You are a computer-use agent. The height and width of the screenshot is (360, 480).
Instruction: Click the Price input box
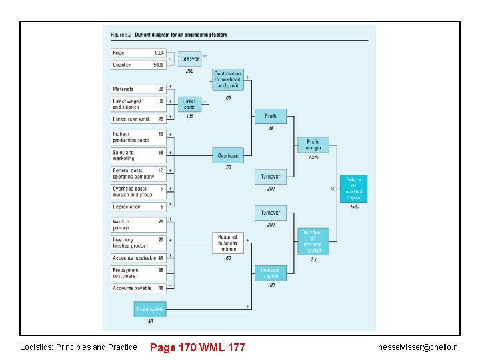pyautogui.click(x=138, y=53)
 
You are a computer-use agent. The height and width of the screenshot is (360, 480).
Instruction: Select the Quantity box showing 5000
pyautogui.click(x=138, y=65)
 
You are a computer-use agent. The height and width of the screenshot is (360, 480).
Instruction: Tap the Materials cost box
pyautogui.click(x=138, y=89)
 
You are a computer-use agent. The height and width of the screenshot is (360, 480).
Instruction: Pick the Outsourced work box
pyautogui.click(x=138, y=119)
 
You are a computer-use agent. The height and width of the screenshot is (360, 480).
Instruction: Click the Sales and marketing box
pyautogui.click(x=138, y=155)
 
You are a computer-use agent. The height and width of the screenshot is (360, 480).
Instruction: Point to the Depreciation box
pyautogui.click(x=138, y=207)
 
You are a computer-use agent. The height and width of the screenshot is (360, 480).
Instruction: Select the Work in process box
pyautogui.click(x=138, y=225)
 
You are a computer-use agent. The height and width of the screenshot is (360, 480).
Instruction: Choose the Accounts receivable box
pyautogui.click(x=138, y=258)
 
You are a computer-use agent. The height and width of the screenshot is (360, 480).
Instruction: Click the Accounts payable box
pyautogui.click(x=138, y=289)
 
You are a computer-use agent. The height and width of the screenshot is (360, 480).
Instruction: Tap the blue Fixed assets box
pyautogui.click(x=150, y=309)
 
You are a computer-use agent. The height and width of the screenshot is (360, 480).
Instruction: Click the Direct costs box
pyautogui.click(x=189, y=104)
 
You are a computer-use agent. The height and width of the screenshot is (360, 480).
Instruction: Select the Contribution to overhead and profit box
pyautogui.click(x=228, y=80)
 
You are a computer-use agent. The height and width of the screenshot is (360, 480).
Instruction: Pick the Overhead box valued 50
pyautogui.click(x=228, y=156)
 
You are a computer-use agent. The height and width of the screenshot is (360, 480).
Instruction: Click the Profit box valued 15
pyautogui.click(x=271, y=116)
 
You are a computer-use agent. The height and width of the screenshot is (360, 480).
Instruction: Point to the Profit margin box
pyautogui.click(x=313, y=145)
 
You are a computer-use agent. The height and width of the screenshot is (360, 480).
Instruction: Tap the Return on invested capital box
pyautogui.click(x=353, y=189)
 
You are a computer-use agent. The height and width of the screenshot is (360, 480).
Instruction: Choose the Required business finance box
pyautogui.click(x=228, y=243)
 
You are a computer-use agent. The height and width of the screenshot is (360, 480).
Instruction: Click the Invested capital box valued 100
pyautogui.click(x=271, y=273)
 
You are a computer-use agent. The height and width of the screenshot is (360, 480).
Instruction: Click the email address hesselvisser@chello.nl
pyautogui.click(x=419, y=347)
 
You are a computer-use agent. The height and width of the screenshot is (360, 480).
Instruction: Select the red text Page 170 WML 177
pyautogui.click(x=197, y=347)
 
